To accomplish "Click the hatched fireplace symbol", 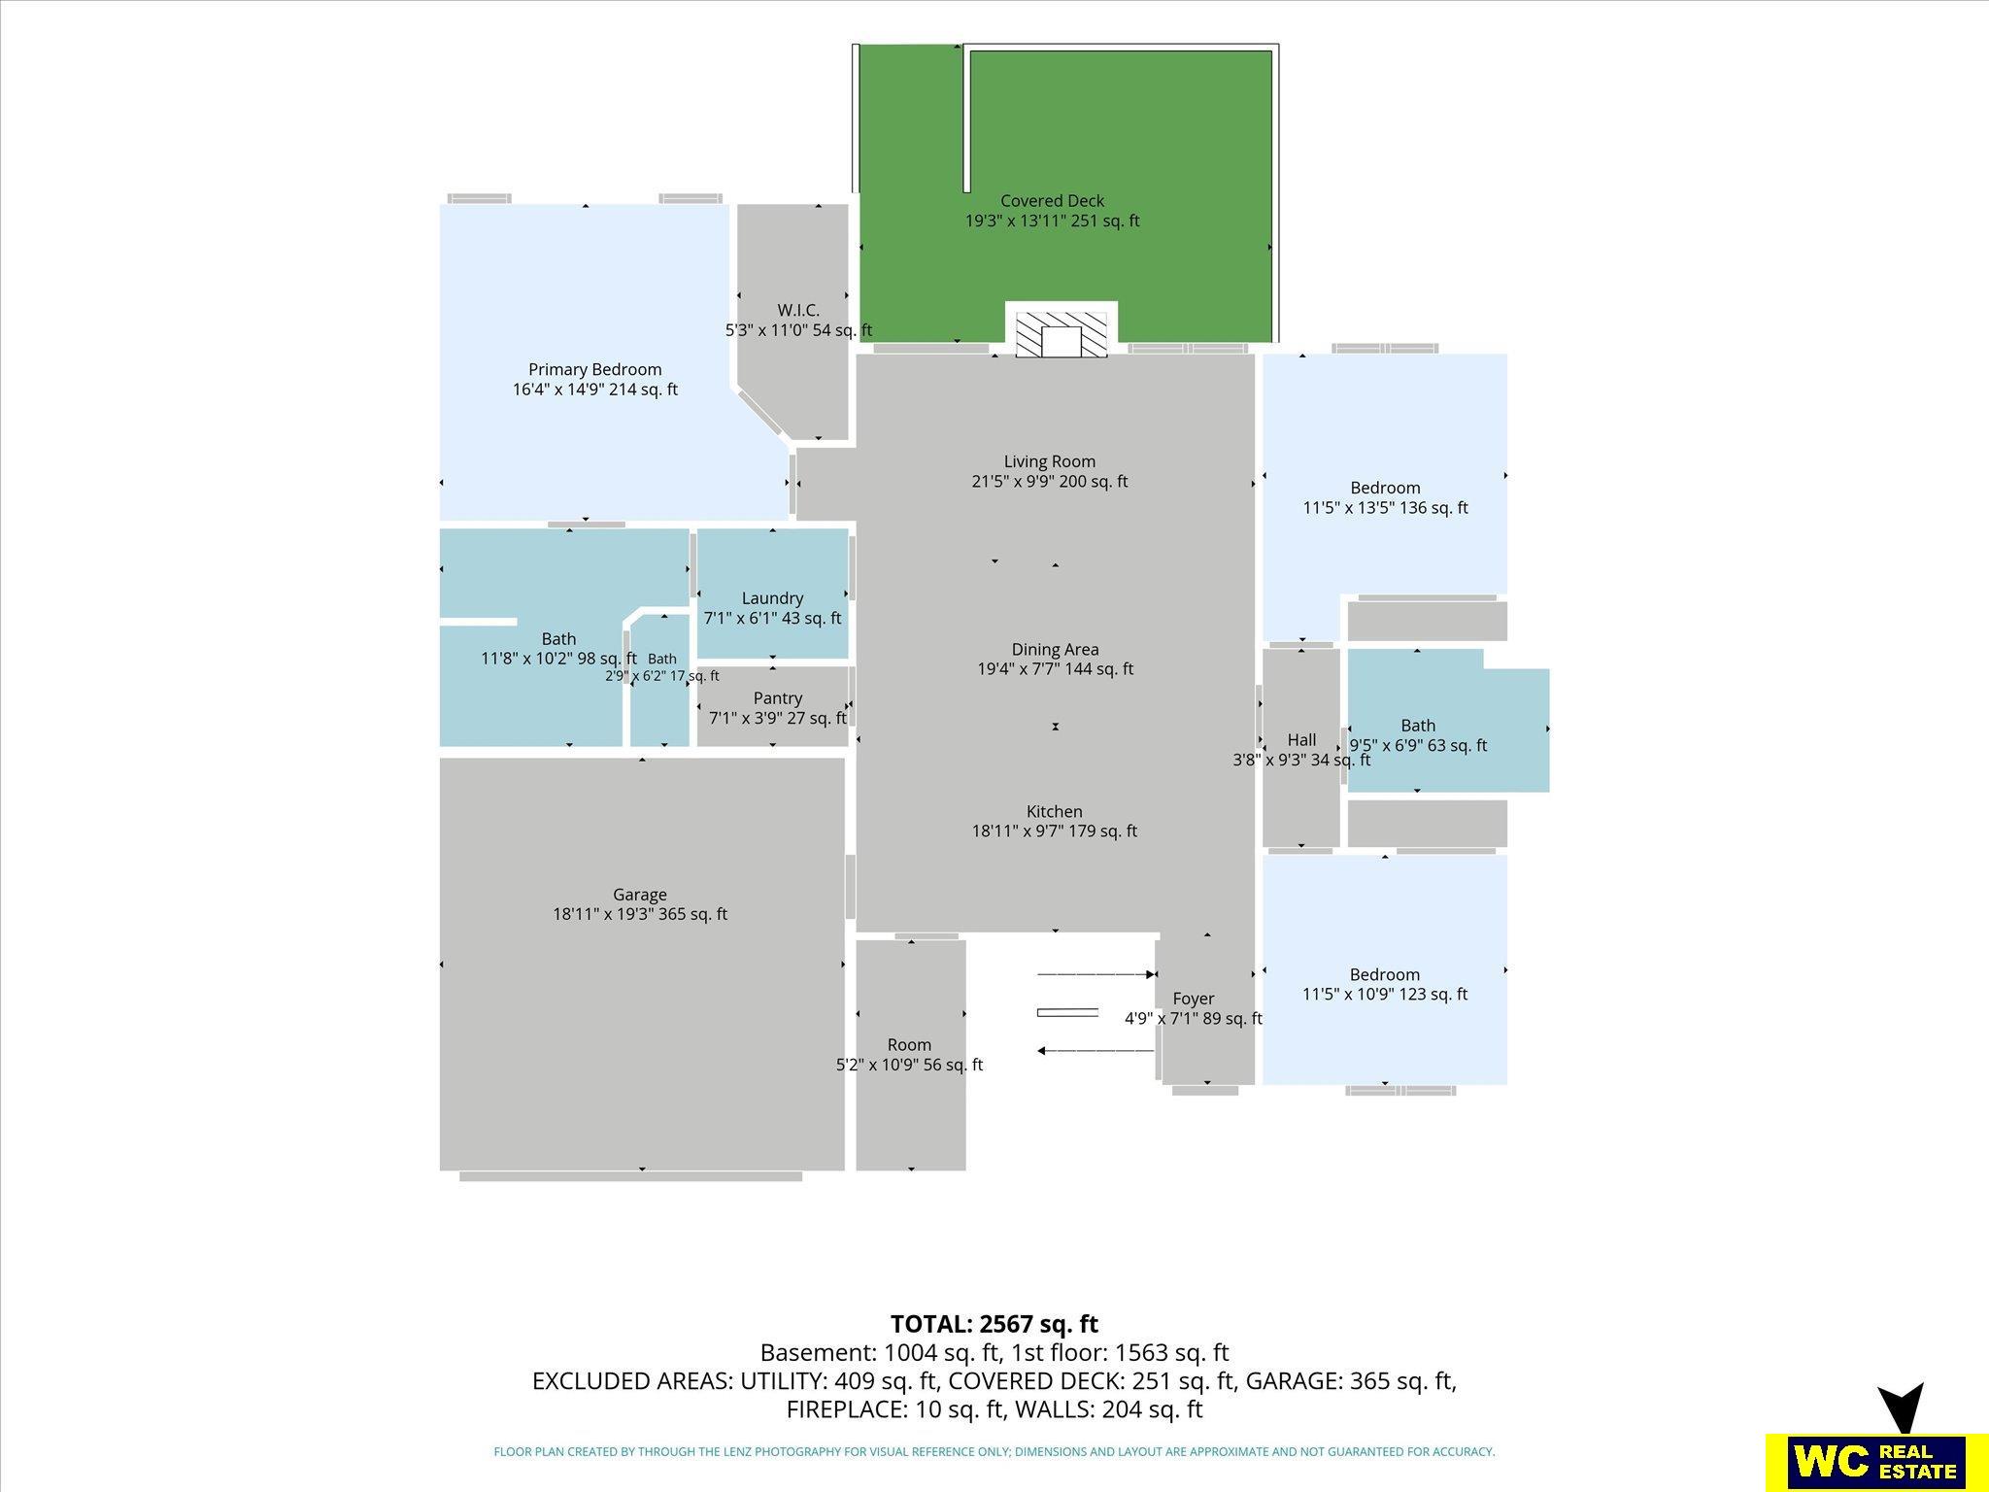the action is coord(1061,334).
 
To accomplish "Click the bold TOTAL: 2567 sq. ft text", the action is coord(994,1324).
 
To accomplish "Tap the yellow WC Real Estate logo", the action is coord(1866,1460).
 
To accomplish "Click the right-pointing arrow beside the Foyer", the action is coord(1096,974).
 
